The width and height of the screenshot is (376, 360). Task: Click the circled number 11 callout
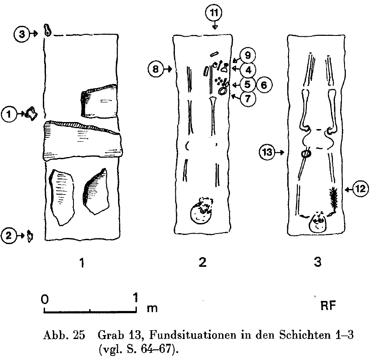click(x=214, y=13)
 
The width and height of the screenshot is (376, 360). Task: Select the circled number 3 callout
click(x=22, y=34)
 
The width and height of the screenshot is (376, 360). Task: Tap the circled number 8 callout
click(x=156, y=69)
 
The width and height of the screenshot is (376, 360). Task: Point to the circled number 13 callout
click(x=267, y=152)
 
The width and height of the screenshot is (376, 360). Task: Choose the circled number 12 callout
click(x=360, y=189)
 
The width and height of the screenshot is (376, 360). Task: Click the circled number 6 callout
click(x=264, y=85)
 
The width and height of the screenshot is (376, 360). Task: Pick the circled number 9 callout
click(x=247, y=56)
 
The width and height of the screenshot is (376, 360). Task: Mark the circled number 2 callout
click(x=9, y=235)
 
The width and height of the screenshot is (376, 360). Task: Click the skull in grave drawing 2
click(x=201, y=211)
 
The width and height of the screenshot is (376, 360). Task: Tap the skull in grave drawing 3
click(x=318, y=222)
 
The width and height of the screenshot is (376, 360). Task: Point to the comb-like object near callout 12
click(x=333, y=198)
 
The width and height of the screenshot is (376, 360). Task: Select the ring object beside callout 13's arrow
click(x=306, y=154)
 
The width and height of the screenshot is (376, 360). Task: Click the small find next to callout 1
click(x=31, y=114)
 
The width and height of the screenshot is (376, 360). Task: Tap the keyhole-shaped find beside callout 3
click(x=47, y=30)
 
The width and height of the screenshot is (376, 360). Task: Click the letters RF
click(x=328, y=306)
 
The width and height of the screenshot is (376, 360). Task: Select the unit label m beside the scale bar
click(x=152, y=308)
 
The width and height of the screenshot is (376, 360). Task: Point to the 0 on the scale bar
click(x=45, y=299)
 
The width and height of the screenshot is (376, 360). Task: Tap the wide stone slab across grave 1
click(x=82, y=140)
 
